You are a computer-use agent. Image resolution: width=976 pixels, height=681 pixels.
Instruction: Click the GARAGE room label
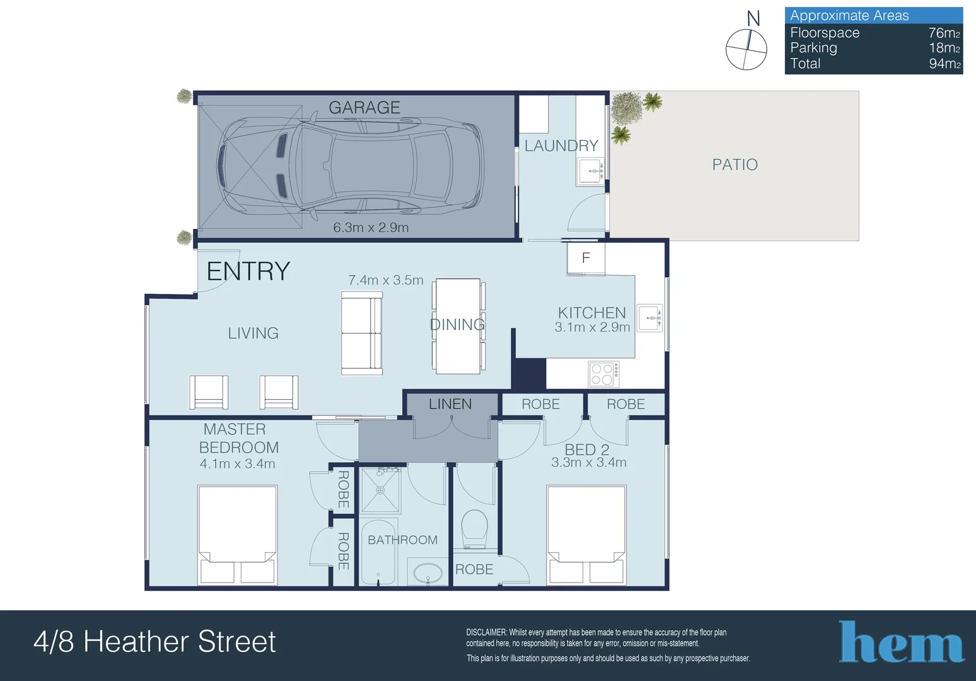(364, 108)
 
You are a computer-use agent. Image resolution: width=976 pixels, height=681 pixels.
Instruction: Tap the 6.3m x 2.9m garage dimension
(371, 228)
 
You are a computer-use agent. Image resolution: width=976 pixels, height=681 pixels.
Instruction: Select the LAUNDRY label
(561, 146)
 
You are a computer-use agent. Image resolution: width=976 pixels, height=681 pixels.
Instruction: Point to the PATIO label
(735, 165)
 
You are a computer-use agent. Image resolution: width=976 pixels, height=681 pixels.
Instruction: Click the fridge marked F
(586, 259)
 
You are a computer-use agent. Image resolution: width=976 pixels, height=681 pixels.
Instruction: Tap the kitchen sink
(649, 318)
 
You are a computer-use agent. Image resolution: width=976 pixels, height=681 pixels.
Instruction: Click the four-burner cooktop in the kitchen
(603, 374)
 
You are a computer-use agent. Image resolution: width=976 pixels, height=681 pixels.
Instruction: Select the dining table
(458, 326)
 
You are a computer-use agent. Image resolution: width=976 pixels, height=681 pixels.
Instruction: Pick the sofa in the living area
(362, 334)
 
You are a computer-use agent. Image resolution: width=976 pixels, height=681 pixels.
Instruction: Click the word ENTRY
(248, 271)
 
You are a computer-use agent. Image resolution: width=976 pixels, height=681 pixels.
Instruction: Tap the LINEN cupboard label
(450, 404)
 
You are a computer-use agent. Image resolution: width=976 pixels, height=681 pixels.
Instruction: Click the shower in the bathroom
(380, 491)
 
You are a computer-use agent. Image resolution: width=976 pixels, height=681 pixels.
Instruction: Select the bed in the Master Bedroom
(238, 535)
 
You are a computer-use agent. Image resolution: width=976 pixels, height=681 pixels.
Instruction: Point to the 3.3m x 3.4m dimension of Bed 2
(589, 462)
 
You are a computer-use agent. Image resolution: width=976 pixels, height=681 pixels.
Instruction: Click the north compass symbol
(747, 49)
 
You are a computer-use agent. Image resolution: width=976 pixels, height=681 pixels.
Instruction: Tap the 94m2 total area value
(944, 64)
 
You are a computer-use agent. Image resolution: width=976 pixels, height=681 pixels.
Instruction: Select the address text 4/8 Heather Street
(154, 642)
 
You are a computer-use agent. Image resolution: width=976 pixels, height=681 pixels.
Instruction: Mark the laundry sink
(591, 171)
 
